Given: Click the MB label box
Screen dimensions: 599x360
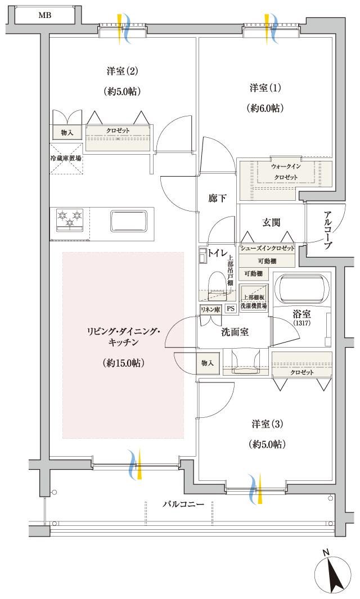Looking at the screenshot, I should pos(45,15).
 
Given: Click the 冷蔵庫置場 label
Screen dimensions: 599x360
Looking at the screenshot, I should pos(65,158).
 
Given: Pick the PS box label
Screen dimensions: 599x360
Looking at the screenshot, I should pos(231,309).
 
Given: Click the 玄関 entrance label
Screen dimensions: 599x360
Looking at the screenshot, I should pos(272,222).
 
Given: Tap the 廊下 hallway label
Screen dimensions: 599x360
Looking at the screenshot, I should pos(217,198).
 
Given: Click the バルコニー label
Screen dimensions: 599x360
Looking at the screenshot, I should pos(183,505).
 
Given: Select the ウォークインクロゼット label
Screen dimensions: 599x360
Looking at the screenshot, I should pos(286,172).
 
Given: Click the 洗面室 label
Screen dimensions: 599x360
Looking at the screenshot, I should pos(235,332).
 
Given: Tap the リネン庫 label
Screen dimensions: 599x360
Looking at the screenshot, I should pos(210,309).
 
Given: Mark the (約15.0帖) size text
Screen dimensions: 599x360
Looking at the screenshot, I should pos(124,363).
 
